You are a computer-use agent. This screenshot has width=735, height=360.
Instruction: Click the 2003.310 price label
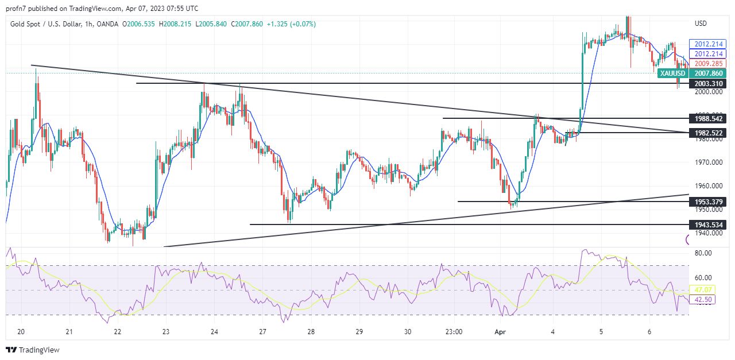tap(709, 84)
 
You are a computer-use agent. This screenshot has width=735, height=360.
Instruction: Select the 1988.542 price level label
tap(709, 119)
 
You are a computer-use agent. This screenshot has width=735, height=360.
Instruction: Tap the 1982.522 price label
tap(709, 133)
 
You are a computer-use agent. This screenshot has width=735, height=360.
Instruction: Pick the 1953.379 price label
tap(709, 202)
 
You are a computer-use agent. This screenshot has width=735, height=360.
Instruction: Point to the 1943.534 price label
tap(709, 224)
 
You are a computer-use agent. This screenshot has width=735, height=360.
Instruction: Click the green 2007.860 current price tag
tap(709, 73)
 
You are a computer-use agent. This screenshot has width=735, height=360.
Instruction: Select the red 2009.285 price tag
tap(709, 64)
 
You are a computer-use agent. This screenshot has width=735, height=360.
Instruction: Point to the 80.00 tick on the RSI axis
tap(703, 253)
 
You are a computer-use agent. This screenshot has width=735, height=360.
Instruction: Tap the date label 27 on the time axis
tap(262, 332)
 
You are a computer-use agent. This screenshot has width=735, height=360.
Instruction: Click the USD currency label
tap(701, 24)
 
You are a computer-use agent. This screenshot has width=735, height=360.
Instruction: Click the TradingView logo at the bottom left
tap(33, 350)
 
